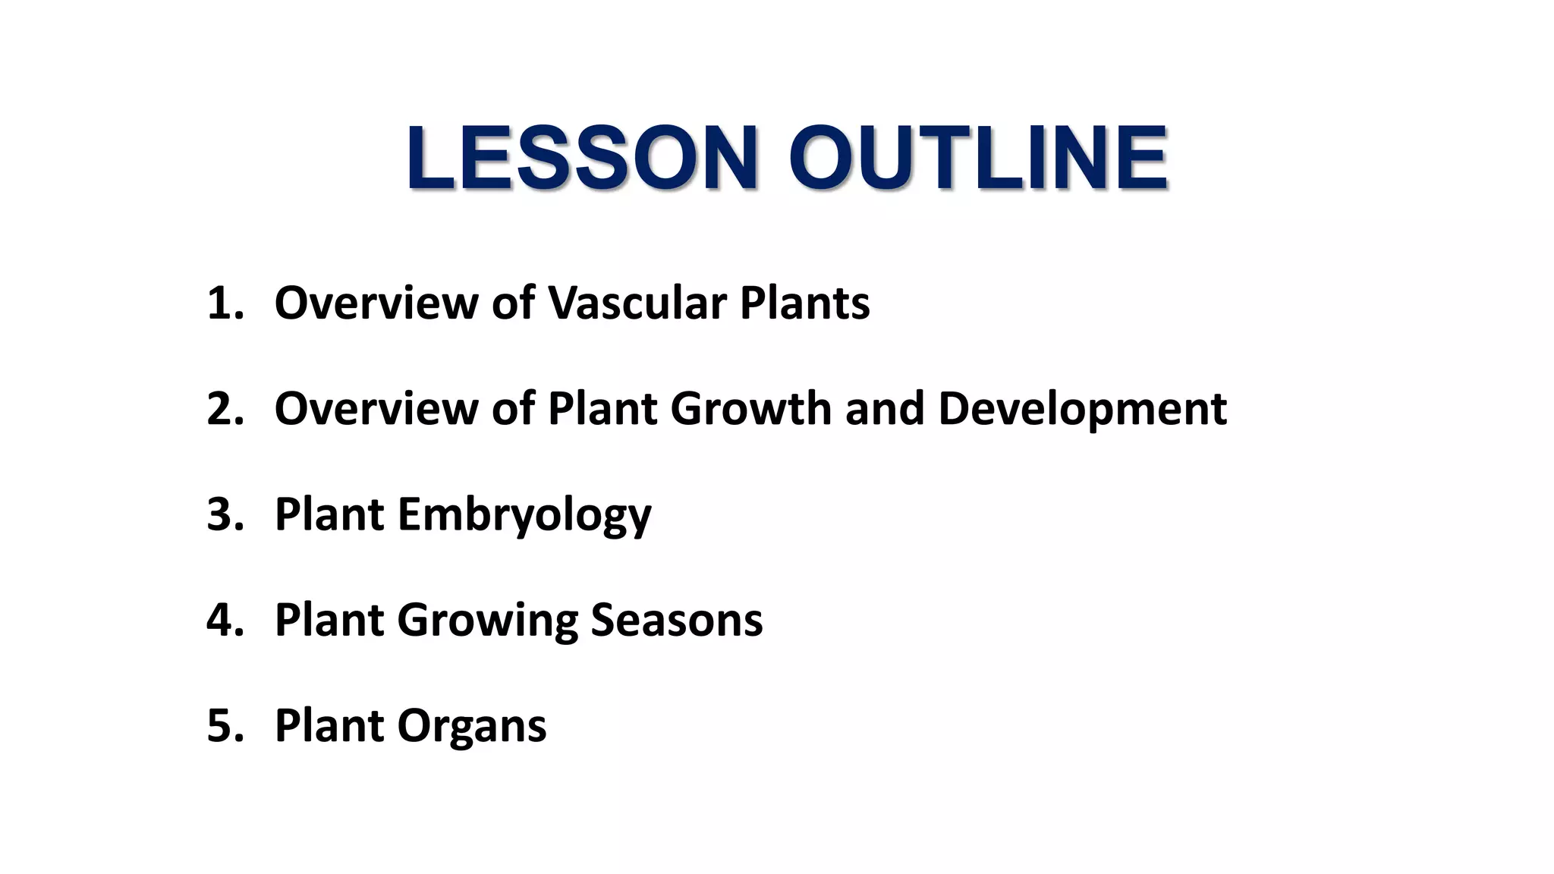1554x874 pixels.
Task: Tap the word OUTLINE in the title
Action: pos(978,158)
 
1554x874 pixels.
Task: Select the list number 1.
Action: pos(225,303)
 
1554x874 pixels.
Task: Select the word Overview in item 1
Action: pos(376,303)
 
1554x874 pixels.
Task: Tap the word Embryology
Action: pos(524,516)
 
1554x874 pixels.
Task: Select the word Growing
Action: pos(486,621)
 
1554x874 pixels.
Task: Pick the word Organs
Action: pos(471,727)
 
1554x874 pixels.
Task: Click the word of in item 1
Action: pos(513,303)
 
